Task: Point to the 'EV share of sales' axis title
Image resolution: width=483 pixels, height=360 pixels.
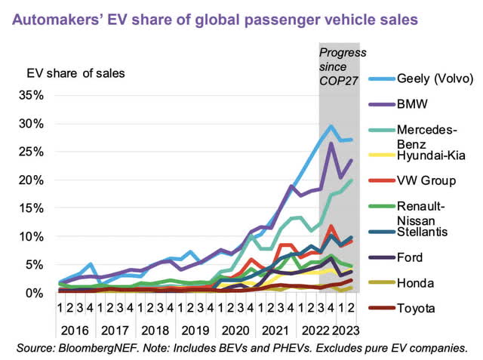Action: click(75, 73)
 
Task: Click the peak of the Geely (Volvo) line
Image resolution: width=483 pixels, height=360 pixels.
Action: click(331, 126)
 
